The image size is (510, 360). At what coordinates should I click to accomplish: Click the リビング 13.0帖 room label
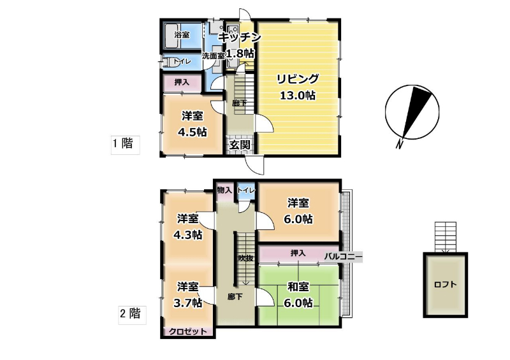298,87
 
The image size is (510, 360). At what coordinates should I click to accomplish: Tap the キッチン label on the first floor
240,37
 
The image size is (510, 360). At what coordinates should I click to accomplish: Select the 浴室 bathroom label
182,35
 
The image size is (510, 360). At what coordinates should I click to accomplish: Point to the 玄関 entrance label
240,145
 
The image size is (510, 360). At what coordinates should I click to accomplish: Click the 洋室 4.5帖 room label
193,124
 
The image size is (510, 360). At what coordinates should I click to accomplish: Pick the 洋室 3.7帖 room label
188,294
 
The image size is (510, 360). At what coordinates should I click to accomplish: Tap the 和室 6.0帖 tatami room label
298,294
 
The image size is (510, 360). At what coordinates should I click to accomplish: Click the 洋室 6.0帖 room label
298,211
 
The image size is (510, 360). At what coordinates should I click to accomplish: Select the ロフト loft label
445,285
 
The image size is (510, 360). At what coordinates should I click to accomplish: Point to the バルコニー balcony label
343,257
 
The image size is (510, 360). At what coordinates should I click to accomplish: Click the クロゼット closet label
188,331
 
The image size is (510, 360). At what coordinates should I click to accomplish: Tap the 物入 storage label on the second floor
224,190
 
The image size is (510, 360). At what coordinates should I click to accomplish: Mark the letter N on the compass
400,143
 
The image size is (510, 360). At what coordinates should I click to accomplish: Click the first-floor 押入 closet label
182,82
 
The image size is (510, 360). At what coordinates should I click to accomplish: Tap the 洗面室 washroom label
214,56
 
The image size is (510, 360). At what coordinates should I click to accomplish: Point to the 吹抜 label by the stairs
245,258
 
